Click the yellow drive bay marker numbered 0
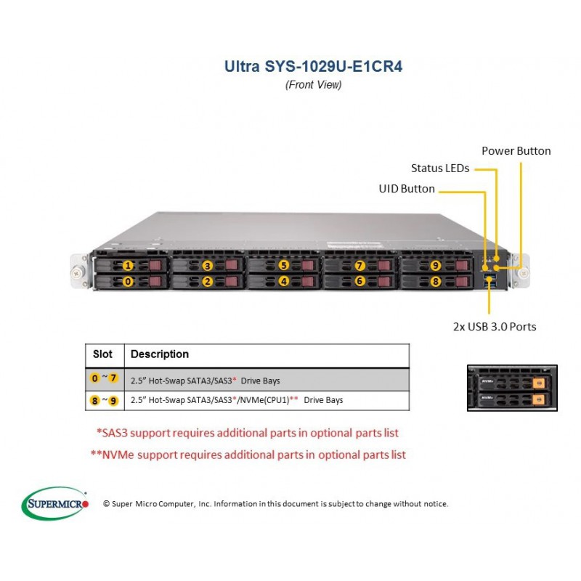[128, 282]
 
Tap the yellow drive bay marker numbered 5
[283, 265]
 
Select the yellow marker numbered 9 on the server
[435, 265]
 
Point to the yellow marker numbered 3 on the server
[207, 266]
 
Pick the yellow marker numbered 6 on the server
[359, 281]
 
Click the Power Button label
[516, 151]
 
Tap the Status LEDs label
[440, 168]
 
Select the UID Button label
[407, 189]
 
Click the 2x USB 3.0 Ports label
[495, 326]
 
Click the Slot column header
[102, 354]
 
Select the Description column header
[160, 354]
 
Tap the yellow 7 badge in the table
[113, 378]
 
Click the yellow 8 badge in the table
[95, 401]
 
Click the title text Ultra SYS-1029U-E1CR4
[313, 67]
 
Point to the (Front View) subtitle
[313, 85]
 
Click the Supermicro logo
[55, 503]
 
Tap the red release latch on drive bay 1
[155, 265]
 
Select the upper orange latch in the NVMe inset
[538, 383]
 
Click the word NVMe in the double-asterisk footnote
[118, 455]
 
